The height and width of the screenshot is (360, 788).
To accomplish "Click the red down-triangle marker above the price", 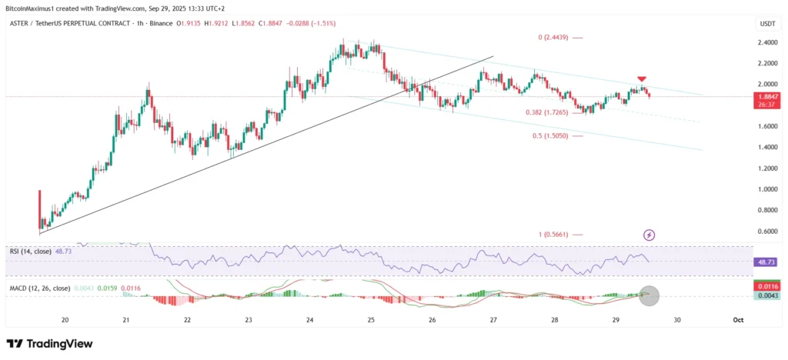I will [641, 78].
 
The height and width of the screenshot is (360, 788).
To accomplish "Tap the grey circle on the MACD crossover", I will [649, 295].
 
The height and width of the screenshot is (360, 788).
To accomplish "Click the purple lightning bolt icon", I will [649, 235].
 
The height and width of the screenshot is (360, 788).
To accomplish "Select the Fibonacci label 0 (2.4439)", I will [553, 37].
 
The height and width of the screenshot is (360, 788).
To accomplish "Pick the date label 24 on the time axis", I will [309, 319].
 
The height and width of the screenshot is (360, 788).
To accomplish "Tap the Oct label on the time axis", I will [736, 319].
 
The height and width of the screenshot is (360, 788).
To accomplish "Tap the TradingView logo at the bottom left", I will [49, 343].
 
